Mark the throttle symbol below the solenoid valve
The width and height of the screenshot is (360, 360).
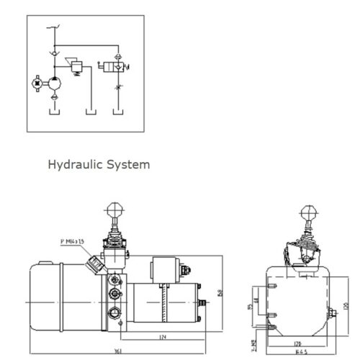[119, 91]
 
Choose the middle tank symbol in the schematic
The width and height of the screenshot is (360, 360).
[90, 112]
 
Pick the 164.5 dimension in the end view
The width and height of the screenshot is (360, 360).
[302, 352]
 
